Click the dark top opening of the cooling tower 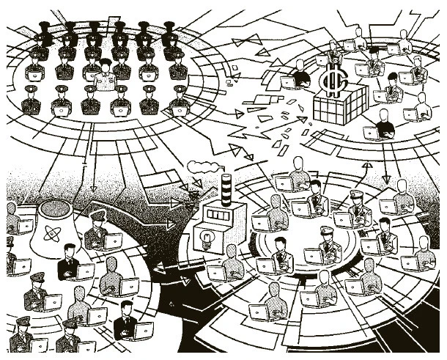59,206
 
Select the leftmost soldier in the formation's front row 31,101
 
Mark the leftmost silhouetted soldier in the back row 43,33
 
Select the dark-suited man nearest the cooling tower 69,263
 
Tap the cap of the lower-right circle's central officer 327,230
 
